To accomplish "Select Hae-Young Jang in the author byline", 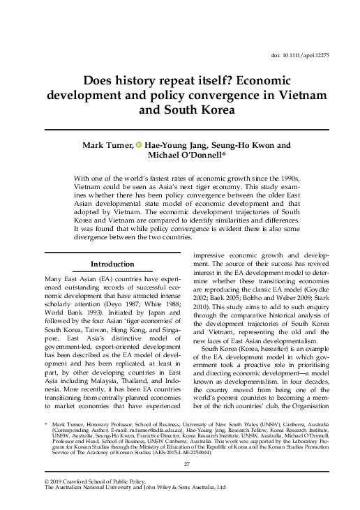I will pos(170,144).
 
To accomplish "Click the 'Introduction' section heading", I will pos(113,264).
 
